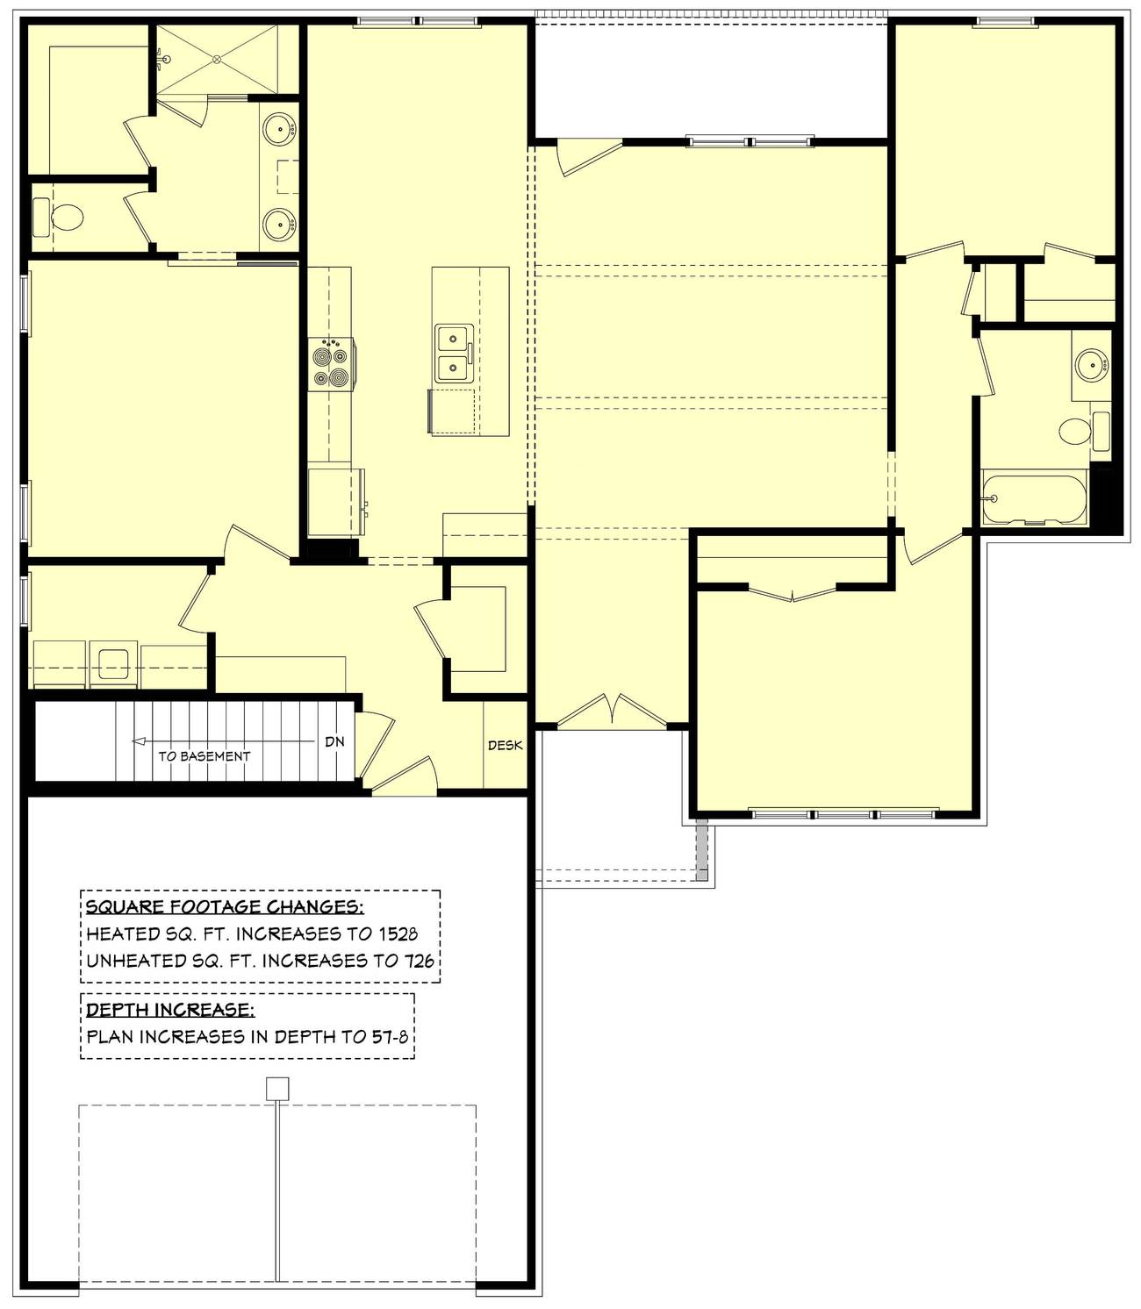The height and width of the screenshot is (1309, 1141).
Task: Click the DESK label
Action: point(505,746)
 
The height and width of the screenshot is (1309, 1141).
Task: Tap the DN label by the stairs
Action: point(334,742)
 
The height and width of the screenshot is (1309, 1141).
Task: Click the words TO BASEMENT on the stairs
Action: point(205,756)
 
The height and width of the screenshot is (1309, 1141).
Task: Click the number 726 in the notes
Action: point(418,961)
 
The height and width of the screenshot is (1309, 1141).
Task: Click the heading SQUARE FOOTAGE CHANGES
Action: point(225,907)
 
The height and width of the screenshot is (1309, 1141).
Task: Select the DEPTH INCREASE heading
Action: point(170,1010)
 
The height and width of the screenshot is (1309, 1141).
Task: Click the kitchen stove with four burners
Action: point(330,364)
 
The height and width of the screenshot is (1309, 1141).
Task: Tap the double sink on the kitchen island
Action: point(454,354)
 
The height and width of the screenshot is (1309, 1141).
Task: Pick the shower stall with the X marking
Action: point(217,59)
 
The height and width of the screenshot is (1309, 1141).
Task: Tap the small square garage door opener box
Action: point(277,1088)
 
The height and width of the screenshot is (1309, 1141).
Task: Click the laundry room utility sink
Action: point(114,662)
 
